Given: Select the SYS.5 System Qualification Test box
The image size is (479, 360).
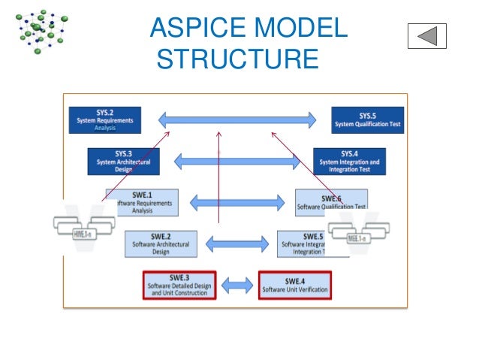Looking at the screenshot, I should tap(367, 119).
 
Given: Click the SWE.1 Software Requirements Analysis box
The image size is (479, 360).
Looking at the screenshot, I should tap(142, 202).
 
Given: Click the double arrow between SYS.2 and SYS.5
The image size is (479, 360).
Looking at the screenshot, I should tap(237, 119).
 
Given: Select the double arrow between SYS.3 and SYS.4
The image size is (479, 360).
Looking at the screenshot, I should tap(236, 160).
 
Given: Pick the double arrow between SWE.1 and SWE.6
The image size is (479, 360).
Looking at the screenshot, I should tap(236, 202).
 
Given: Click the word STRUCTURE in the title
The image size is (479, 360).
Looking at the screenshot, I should tap(237, 59).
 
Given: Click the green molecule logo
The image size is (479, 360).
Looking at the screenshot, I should tap(41, 30).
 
